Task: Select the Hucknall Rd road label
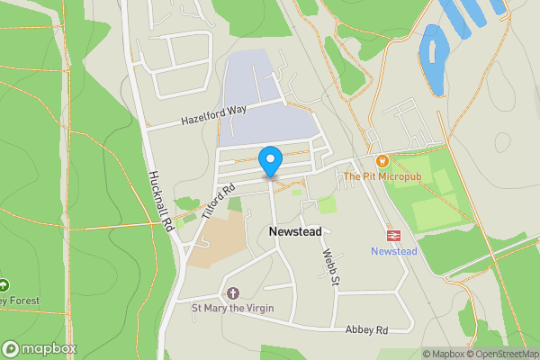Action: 160,204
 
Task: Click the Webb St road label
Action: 330,267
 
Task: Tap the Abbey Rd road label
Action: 366,330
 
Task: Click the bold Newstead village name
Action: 295,231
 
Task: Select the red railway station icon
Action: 393,236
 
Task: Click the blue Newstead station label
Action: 394,251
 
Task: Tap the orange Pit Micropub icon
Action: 382,161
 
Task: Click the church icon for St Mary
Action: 233,293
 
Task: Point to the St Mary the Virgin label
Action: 233,309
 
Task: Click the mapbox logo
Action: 40,348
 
